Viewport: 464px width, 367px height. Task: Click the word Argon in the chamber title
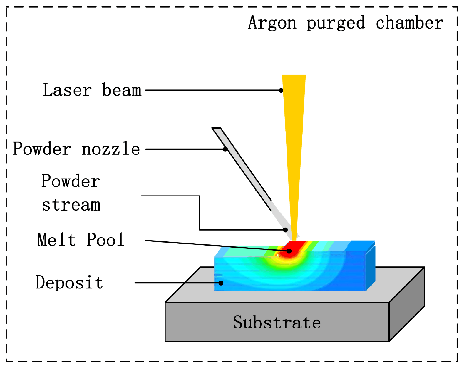pyautogui.click(x=272, y=23)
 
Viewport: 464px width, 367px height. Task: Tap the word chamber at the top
pyautogui.click(x=410, y=23)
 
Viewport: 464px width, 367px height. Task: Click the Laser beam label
pyautogui.click(x=92, y=90)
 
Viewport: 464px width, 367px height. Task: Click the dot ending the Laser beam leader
pyautogui.click(x=281, y=90)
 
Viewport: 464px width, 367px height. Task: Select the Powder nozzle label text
pyautogui.click(x=76, y=149)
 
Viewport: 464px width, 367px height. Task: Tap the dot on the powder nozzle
pyautogui.click(x=225, y=149)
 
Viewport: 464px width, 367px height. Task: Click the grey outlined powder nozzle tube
pyautogui.click(x=241, y=165)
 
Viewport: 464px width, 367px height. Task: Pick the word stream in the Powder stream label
pyautogui.click(x=71, y=205)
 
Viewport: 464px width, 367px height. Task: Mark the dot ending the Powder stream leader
pyautogui.click(x=285, y=230)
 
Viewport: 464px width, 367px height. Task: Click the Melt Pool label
pyautogui.click(x=81, y=240)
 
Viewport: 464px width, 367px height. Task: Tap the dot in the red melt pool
pyautogui.click(x=289, y=251)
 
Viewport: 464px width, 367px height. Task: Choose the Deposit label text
pyautogui.click(x=69, y=283)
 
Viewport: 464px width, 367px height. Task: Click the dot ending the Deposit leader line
pyautogui.click(x=221, y=283)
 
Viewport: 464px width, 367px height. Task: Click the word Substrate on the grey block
pyautogui.click(x=277, y=323)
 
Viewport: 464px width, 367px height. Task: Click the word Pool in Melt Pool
pyautogui.click(x=105, y=240)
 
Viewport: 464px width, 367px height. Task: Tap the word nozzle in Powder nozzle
pyautogui.click(x=110, y=149)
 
